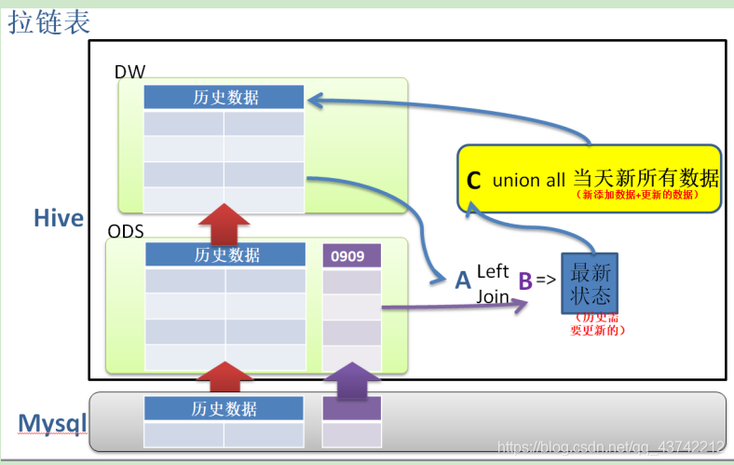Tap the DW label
[x=130, y=72]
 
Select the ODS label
[x=127, y=230]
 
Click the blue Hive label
[x=59, y=218]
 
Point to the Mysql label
[x=52, y=424]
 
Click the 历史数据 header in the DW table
[x=224, y=97]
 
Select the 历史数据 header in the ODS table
[x=225, y=254]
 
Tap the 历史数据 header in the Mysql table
[x=224, y=408]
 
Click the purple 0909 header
[x=351, y=255]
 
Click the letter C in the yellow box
[x=474, y=181]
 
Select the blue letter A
[x=463, y=280]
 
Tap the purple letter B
[x=525, y=280]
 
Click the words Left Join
[x=493, y=283]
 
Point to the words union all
[x=529, y=181]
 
